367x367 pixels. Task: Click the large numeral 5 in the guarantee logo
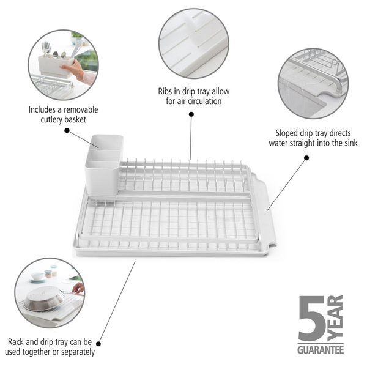312,318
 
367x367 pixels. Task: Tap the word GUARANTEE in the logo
321,350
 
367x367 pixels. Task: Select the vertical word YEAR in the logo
335,318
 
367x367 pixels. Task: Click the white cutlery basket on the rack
104,165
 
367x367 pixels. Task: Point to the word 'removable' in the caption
81,109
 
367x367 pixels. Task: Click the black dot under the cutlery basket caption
67,130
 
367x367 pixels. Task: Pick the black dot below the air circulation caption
191,114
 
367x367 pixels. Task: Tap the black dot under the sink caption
306,158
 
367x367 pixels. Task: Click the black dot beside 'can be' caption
98,344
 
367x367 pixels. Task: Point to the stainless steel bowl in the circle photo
44,299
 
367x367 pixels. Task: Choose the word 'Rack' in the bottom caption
16,342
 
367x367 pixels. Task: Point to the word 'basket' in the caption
75,120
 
